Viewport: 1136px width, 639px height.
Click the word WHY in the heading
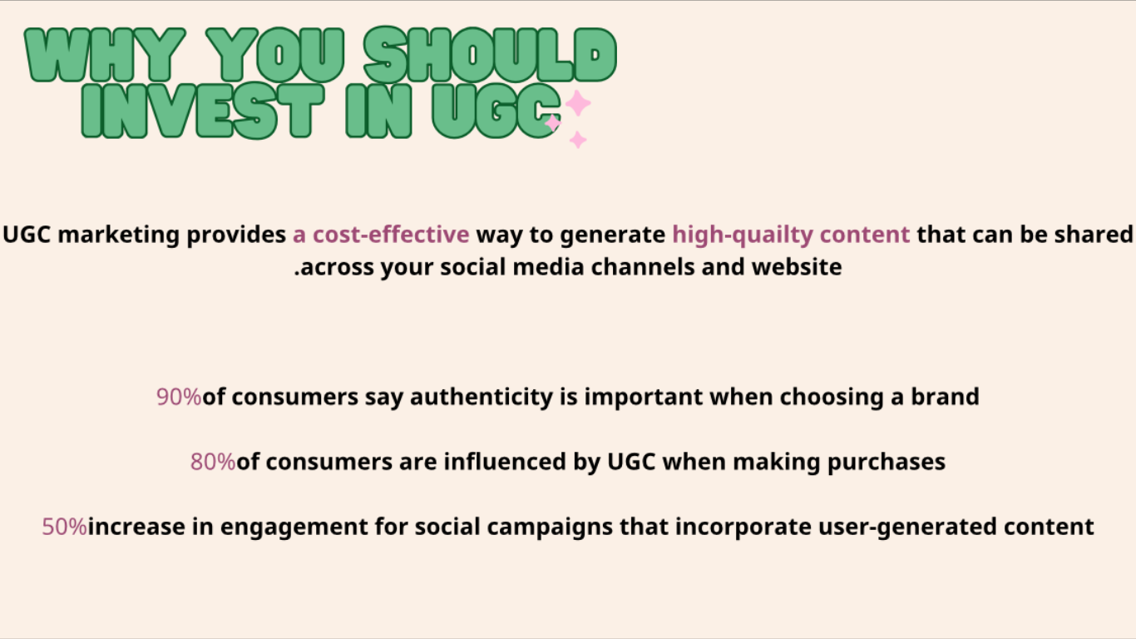click(105, 55)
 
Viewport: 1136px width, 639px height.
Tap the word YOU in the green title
click(275, 55)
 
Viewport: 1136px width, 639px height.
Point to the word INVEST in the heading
click(202, 111)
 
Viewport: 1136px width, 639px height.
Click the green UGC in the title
click(496, 111)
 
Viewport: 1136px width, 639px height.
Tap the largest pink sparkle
click(578, 103)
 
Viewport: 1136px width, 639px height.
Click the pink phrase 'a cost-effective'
click(381, 235)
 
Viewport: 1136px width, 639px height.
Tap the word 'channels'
click(643, 267)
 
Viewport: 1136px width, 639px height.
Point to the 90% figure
click(179, 397)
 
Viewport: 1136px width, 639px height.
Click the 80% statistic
click(213, 462)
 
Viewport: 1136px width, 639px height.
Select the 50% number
click(64, 527)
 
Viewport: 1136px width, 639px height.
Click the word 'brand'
click(945, 397)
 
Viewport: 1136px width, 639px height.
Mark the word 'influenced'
click(505, 462)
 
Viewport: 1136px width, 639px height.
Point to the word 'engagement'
click(294, 528)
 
